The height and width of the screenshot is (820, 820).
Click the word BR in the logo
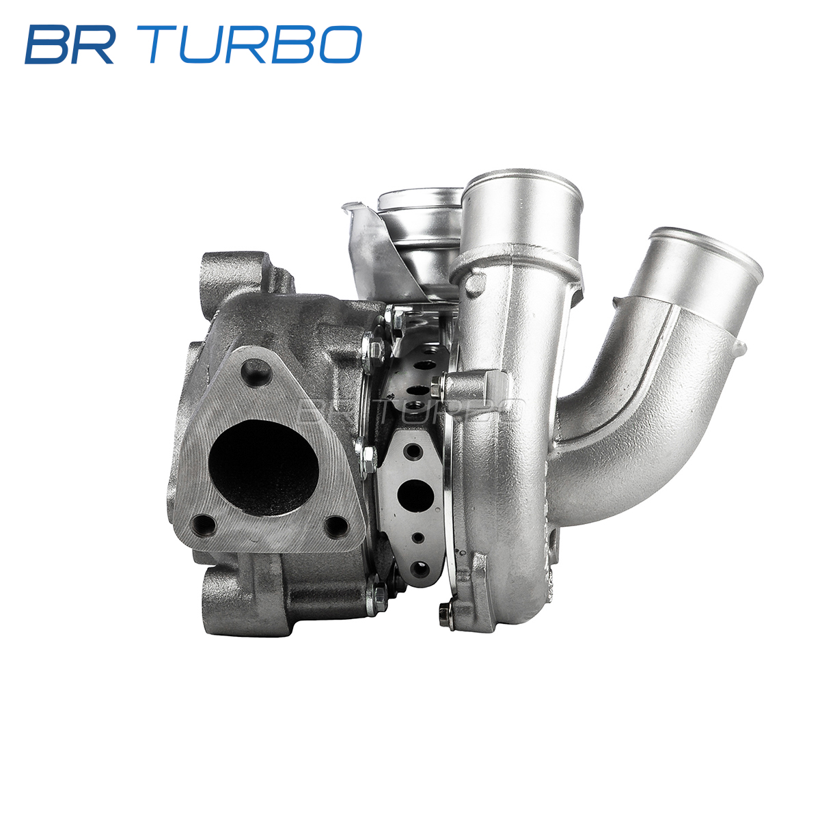(x=70, y=44)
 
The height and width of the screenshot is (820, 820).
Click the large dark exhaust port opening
(x=264, y=467)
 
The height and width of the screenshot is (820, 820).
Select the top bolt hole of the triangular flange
(x=256, y=373)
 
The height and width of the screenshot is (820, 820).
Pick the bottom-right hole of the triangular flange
(x=336, y=527)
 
